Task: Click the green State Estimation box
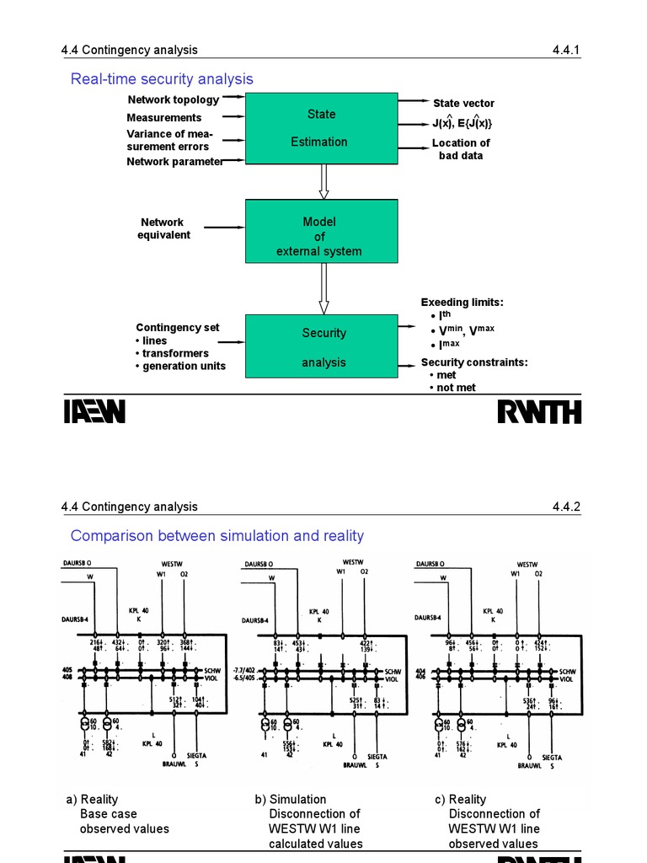click(x=321, y=128)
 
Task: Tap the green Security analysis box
click(x=321, y=346)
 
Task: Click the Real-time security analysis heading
click(x=162, y=79)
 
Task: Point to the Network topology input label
click(x=173, y=99)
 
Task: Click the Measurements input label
click(x=164, y=118)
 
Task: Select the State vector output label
click(x=463, y=103)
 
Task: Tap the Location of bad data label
click(x=461, y=149)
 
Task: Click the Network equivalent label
click(x=163, y=228)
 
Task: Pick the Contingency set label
click(x=178, y=328)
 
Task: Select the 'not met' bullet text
click(x=455, y=388)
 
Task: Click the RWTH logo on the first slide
click(x=539, y=412)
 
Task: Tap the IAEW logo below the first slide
click(x=94, y=412)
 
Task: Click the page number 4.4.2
click(x=566, y=507)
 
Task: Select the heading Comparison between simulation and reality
click(x=217, y=536)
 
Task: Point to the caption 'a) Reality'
click(x=93, y=799)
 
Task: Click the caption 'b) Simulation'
click(x=291, y=799)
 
